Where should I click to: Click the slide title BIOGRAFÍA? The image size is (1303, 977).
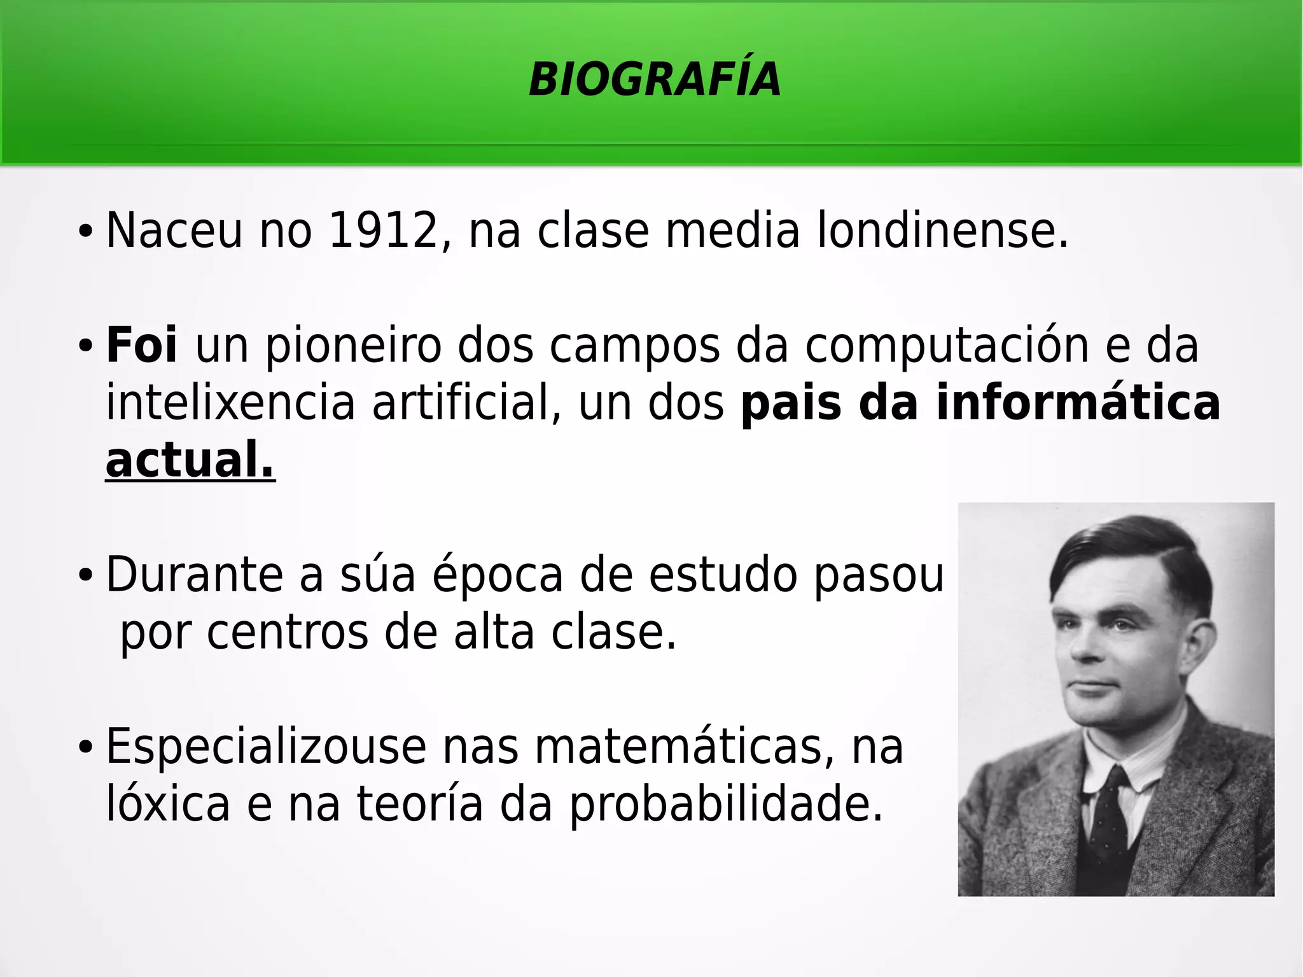(x=655, y=80)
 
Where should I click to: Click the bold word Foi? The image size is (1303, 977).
(x=141, y=346)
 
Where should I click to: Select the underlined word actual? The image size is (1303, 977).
(x=190, y=460)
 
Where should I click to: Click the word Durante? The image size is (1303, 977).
(x=194, y=575)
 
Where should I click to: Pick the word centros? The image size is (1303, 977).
(x=288, y=633)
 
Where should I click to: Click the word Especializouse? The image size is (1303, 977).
(x=266, y=747)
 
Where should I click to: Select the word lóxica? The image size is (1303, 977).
(x=167, y=805)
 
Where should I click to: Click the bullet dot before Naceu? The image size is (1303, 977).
(x=85, y=231)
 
